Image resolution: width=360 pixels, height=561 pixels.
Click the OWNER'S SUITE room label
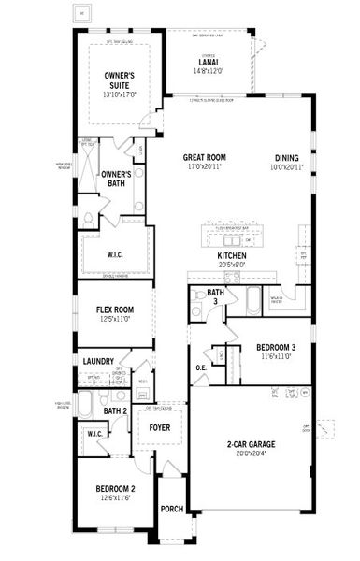tap(119, 79)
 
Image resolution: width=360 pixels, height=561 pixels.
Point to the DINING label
tap(287, 158)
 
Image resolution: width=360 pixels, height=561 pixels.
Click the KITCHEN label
tap(231, 255)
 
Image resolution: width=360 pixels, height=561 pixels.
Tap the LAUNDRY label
tap(98, 361)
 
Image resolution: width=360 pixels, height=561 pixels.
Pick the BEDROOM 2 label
tap(116, 489)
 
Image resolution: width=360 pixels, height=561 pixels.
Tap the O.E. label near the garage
tap(201, 367)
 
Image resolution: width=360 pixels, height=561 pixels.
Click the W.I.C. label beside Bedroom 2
tap(95, 434)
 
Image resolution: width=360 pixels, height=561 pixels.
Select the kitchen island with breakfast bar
tap(231, 231)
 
